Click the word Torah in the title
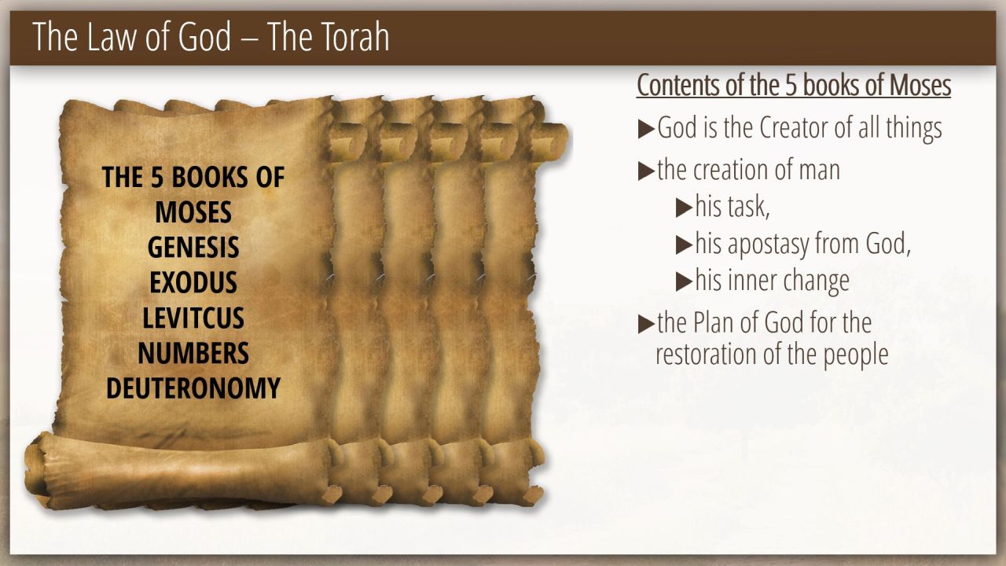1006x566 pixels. point(351,37)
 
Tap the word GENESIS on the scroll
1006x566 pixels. point(193,247)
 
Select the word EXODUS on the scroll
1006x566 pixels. point(193,282)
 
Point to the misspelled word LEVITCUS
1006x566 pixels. point(193,318)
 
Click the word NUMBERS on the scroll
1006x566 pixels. point(193,353)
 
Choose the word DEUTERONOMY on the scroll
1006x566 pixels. point(193,388)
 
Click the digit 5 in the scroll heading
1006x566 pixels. point(156,177)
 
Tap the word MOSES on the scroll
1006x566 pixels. point(193,212)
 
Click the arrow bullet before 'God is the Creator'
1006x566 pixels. point(646,129)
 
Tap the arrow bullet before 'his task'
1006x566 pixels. point(684,208)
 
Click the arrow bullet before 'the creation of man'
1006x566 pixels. point(646,171)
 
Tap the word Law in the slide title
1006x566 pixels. point(112,37)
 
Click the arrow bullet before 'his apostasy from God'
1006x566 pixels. point(684,245)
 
